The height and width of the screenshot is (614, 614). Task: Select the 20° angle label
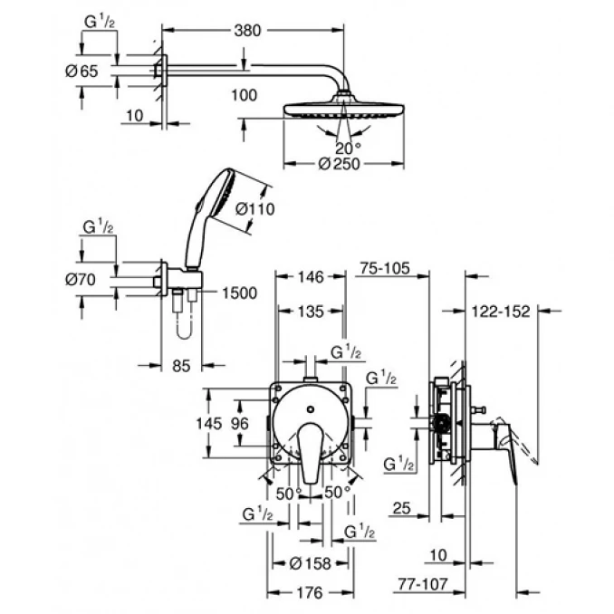(347, 147)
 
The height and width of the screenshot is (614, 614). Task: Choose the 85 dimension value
(181, 366)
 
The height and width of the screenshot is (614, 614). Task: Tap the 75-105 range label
(385, 269)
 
